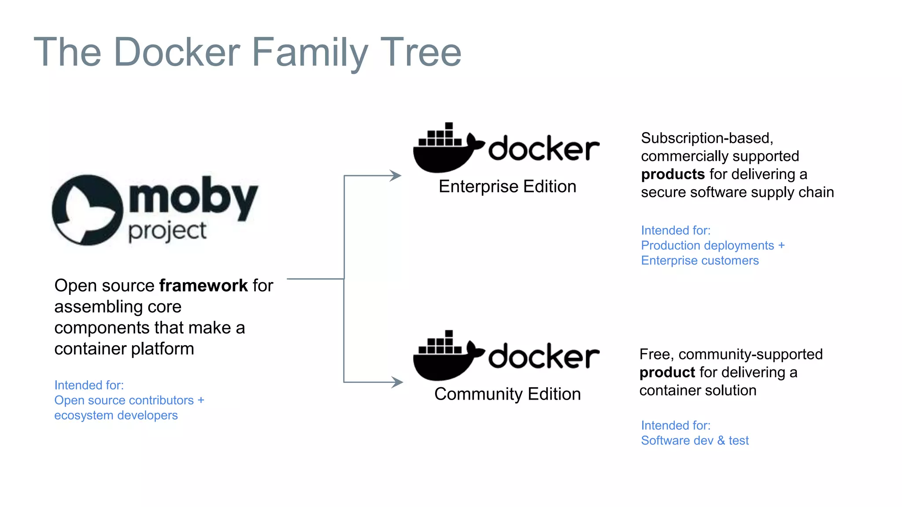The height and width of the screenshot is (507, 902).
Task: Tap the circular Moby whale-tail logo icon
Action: (87, 210)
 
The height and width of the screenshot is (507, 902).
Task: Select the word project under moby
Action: (167, 231)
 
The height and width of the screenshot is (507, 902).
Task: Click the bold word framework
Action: (203, 286)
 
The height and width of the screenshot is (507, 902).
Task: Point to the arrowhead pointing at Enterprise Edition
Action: (395, 176)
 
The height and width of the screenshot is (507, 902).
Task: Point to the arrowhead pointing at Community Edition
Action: (397, 382)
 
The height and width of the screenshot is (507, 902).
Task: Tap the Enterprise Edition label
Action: (507, 187)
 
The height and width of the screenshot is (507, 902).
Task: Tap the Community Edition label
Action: (507, 394)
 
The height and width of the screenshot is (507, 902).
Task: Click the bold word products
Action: (673, 174)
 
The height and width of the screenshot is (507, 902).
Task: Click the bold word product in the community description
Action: (667, 372)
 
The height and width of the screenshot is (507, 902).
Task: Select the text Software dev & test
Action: (695, 441)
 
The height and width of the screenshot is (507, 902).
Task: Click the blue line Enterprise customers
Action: (699, 261)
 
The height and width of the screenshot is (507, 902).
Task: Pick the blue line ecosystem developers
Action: (116, 415)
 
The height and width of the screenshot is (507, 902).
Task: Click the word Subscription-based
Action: (706, 138)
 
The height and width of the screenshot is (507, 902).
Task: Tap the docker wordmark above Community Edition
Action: (544, 356)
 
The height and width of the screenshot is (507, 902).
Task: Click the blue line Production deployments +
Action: (712, 246)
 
